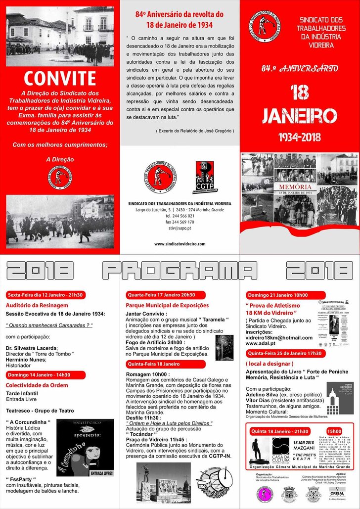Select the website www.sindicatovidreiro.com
(180, 244)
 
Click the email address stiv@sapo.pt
(180, 229)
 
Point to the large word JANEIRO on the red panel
(300, 115)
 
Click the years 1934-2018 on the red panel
(300, 136)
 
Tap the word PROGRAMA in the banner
(180, 271)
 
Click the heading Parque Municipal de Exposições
(168, 305)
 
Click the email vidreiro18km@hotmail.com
(279, 338)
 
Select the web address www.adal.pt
(260, 344)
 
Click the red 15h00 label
(334, 431)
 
